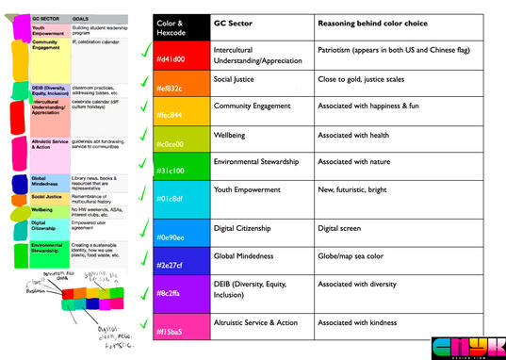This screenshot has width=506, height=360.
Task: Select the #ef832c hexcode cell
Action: [180, 88]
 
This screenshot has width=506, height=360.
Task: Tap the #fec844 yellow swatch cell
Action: [180, 114]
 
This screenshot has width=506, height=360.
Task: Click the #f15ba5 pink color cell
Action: [180, 330]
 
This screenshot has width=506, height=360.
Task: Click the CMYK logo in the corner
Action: [465, 347]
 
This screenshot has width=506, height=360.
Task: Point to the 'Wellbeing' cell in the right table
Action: [231, 135]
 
